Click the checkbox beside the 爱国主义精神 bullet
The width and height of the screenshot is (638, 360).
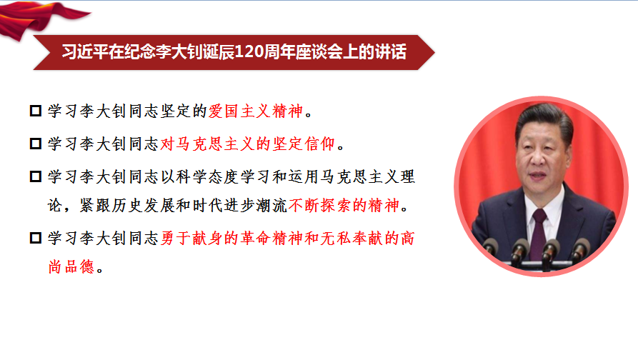click(36, 111)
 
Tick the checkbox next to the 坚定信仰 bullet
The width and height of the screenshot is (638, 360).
click(36, 144)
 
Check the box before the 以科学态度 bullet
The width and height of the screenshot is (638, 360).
click(36, 176)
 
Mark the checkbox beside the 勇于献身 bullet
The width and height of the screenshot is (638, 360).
click(36, 238)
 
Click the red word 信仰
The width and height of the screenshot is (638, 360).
click(320, 144)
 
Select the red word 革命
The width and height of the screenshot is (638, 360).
click(256, 238)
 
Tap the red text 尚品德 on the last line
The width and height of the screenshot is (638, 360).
click(71, 267)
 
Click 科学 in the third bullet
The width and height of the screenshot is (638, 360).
click(191, 176)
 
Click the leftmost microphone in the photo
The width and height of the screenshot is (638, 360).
click(490, 247)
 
